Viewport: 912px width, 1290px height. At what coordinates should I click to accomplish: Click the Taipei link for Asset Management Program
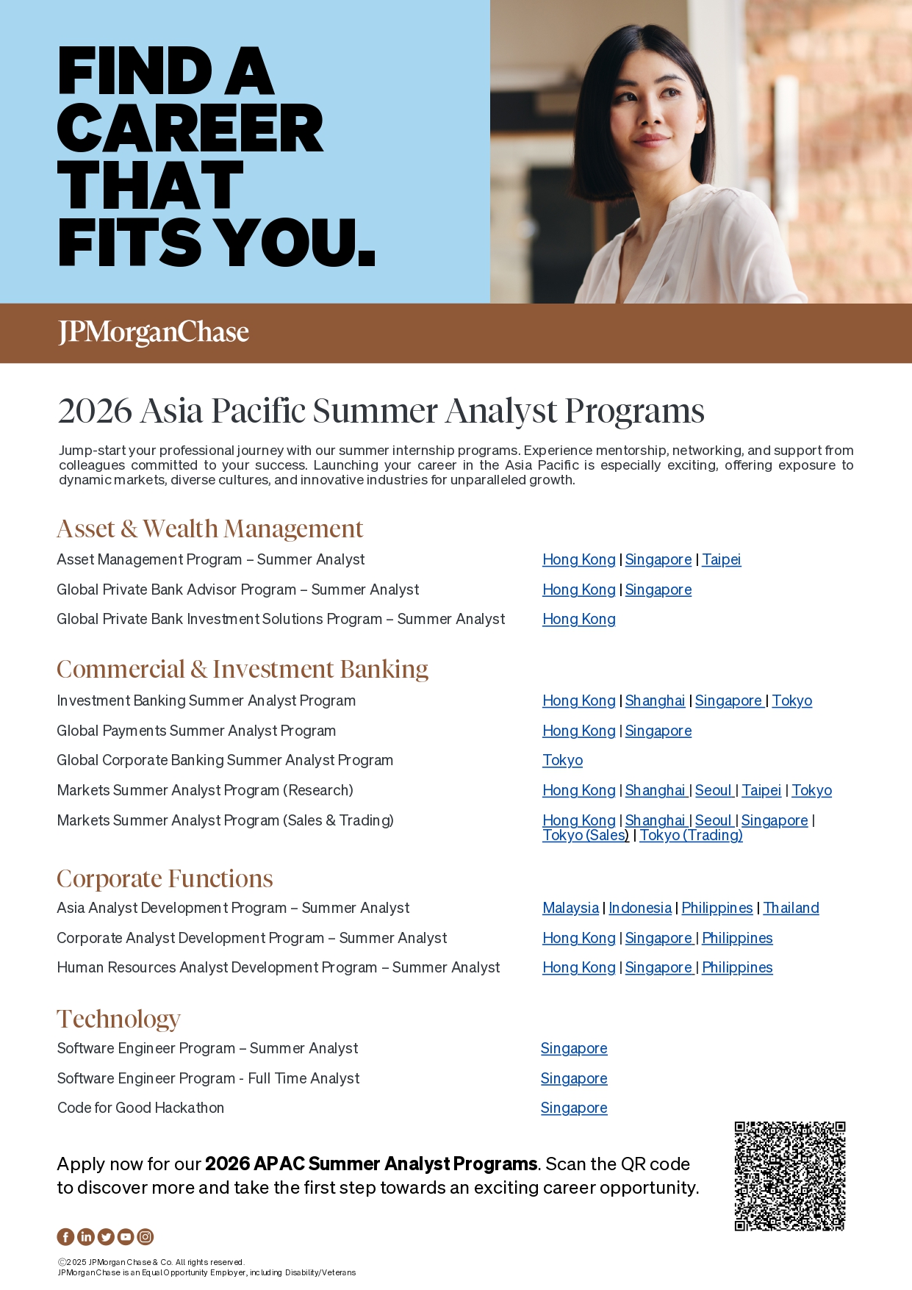(721, 560)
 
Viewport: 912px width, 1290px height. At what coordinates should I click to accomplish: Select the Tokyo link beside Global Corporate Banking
(562, 761)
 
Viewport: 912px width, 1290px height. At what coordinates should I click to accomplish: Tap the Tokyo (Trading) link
(691, 836)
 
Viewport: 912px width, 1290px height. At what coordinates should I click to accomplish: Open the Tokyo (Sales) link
(585, 836)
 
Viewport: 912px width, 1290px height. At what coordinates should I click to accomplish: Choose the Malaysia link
(570, 909)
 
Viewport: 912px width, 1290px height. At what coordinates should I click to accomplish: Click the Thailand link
(791, 909)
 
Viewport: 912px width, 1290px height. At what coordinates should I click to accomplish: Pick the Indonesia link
(639, 909)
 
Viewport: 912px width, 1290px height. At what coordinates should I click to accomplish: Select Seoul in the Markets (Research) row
(714, 791)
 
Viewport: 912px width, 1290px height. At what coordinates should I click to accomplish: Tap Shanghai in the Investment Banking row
(655, 701)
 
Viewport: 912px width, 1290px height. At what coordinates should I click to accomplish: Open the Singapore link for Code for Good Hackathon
(574, 1108)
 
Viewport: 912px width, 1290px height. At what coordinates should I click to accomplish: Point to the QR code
(790, 1176)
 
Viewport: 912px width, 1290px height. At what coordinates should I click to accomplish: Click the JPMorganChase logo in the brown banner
(154, 333)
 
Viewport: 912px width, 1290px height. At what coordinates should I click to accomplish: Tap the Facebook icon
(65, 1237)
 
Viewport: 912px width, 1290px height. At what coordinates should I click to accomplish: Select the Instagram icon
(146, 1237)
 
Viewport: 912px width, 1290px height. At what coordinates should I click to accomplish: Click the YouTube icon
(126, 1237)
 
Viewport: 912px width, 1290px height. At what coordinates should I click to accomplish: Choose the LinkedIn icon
(85, 1237)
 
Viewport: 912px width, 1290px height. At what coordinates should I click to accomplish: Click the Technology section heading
(118, 1020)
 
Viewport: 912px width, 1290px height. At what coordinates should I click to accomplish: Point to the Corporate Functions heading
(165, 879)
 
